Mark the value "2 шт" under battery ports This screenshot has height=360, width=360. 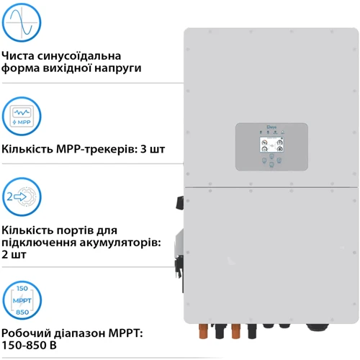tap(15, 255)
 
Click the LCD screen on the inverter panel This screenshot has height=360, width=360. tap(271, 148)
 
